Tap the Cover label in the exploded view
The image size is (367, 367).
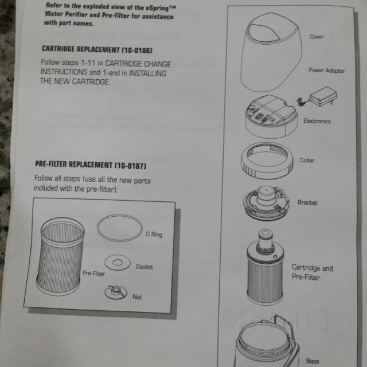click(x=317, y=37)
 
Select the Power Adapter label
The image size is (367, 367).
click(x=327, y=71)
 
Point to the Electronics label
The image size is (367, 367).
click(x=317, y=121)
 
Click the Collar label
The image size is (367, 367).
click(x=307, y=161)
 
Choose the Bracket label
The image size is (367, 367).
click(x=307, y=202)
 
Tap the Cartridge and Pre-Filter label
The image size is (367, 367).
click(x=312, y=272)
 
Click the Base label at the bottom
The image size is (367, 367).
click(x=313, y=361)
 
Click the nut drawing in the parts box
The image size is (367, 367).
click(x=115, y=293)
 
